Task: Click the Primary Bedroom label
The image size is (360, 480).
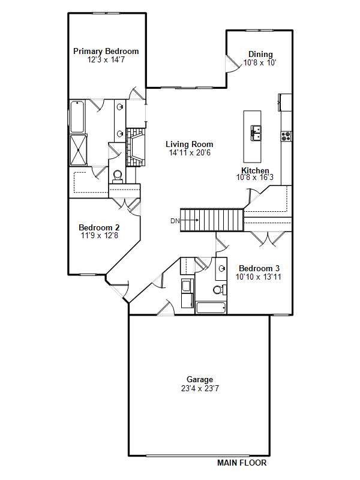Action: point(106,51)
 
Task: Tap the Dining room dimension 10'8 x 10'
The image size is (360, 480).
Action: point(260,63)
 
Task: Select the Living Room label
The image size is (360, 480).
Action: point(190,144)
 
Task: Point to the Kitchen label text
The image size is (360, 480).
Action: point(255,170)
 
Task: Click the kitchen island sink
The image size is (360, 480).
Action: point(256,133)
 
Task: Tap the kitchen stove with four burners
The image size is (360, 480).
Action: point(286,136)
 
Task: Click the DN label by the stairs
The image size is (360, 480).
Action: point(175,221)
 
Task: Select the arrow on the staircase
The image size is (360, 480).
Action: point(190,220)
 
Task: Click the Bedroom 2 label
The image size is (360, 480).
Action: point(99,227)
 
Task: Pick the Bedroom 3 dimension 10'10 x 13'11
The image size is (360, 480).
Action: point(259,277)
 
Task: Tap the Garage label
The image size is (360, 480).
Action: point(200,380)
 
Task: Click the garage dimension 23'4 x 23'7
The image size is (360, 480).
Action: point(200,388)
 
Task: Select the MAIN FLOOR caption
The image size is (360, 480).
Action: point(242,463)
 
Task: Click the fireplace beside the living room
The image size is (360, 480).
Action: point(136,147)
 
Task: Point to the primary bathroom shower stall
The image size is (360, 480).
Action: point(79,151)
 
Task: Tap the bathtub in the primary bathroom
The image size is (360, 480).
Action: point(77,116)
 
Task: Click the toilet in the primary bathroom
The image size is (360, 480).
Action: point(118,176)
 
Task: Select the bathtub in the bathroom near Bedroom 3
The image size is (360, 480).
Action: point(211,308)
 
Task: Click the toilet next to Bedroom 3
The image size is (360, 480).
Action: point(220,289)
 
